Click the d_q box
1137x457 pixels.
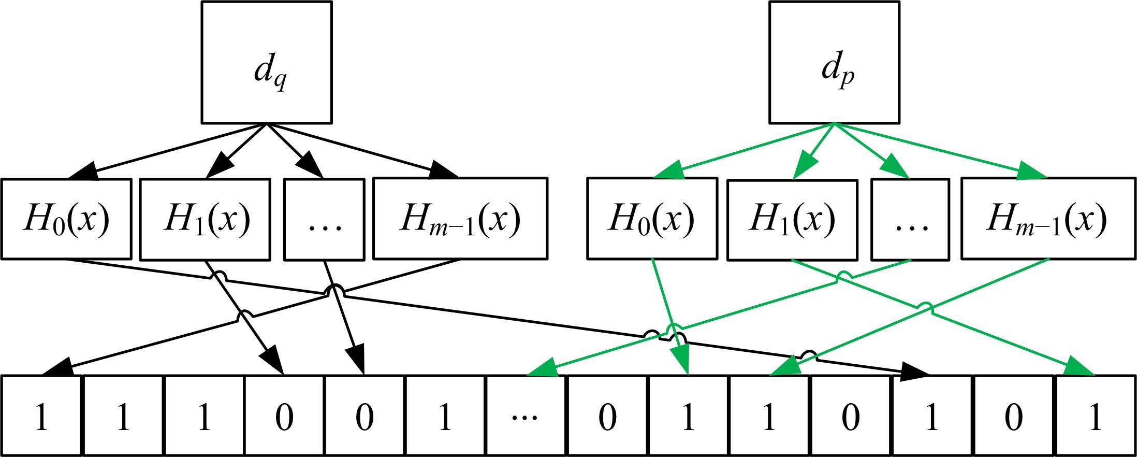point(266,62)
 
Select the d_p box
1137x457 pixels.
point(834,62)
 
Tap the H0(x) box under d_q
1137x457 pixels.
point(66,219)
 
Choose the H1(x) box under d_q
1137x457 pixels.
point(206,219)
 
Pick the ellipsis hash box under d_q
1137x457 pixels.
point(324,219)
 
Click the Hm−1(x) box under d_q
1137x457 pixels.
point(460,219)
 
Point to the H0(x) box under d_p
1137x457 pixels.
point(652,219)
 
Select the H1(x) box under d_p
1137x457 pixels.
point(792,219)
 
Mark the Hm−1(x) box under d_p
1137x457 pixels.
point(1048,219)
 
